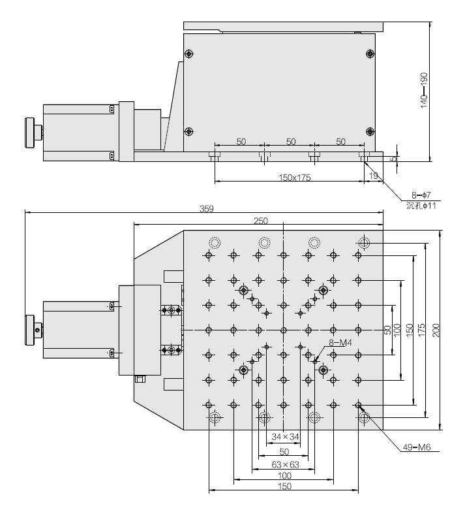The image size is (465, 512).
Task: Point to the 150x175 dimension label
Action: pyautogui.click(x=290, y=177)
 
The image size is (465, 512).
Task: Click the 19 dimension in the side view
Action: pyautogui.click(x=374, y=176)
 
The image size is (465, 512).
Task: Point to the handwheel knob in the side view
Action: pyautogui.click(x=30, y=133)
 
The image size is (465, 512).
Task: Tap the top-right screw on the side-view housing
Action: pyautogui.click(x=370, y=53)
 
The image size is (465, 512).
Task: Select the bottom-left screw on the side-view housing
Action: pyautogui.click(x=189, y=131)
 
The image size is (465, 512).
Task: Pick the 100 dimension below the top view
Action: pyautogui.click(x=283, y=476)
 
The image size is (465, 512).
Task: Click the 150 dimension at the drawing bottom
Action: pyautogui.click(x=283, y=487)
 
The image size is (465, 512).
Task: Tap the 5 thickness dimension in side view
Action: pyautogui.click(x=393, y=157)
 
